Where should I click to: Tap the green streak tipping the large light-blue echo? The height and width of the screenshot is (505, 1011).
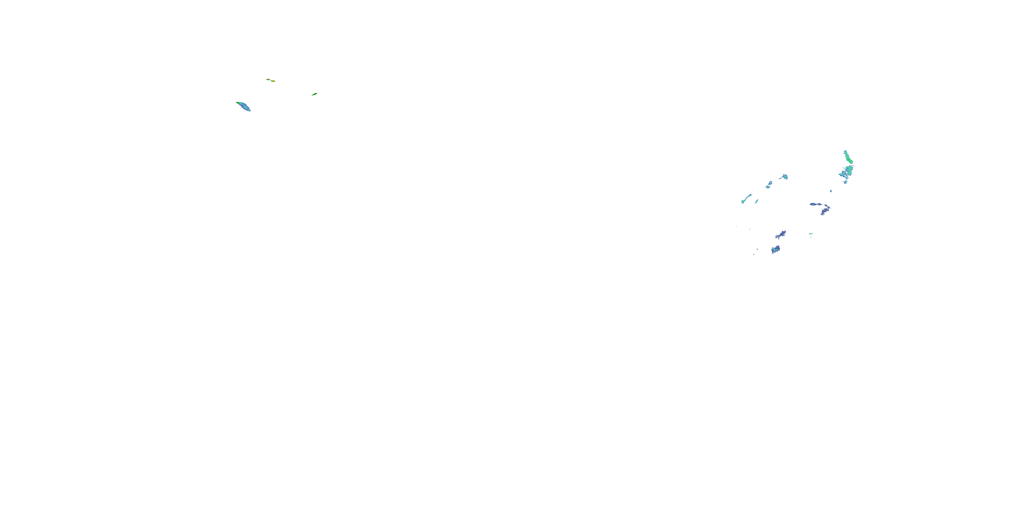pos(238,103)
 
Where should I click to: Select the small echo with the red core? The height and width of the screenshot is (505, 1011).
pos(268,79)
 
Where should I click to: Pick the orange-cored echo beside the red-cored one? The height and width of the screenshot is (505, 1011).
pos(273,81)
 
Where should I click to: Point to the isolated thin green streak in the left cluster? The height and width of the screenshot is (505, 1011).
pos(314,94)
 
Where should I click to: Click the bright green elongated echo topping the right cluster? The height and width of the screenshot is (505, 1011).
pos(848,157)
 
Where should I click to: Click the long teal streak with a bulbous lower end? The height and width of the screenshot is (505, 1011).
pos(746,199)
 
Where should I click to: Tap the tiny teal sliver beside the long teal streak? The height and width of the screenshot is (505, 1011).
pos(756,202)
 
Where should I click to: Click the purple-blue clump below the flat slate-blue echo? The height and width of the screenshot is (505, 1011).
pos(825,211)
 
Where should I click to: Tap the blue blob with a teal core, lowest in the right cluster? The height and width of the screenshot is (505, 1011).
pos(775,249)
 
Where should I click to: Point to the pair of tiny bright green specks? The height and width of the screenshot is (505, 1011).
pos(811,234)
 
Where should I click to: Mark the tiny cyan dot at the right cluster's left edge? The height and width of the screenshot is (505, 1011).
pos(736,226)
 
